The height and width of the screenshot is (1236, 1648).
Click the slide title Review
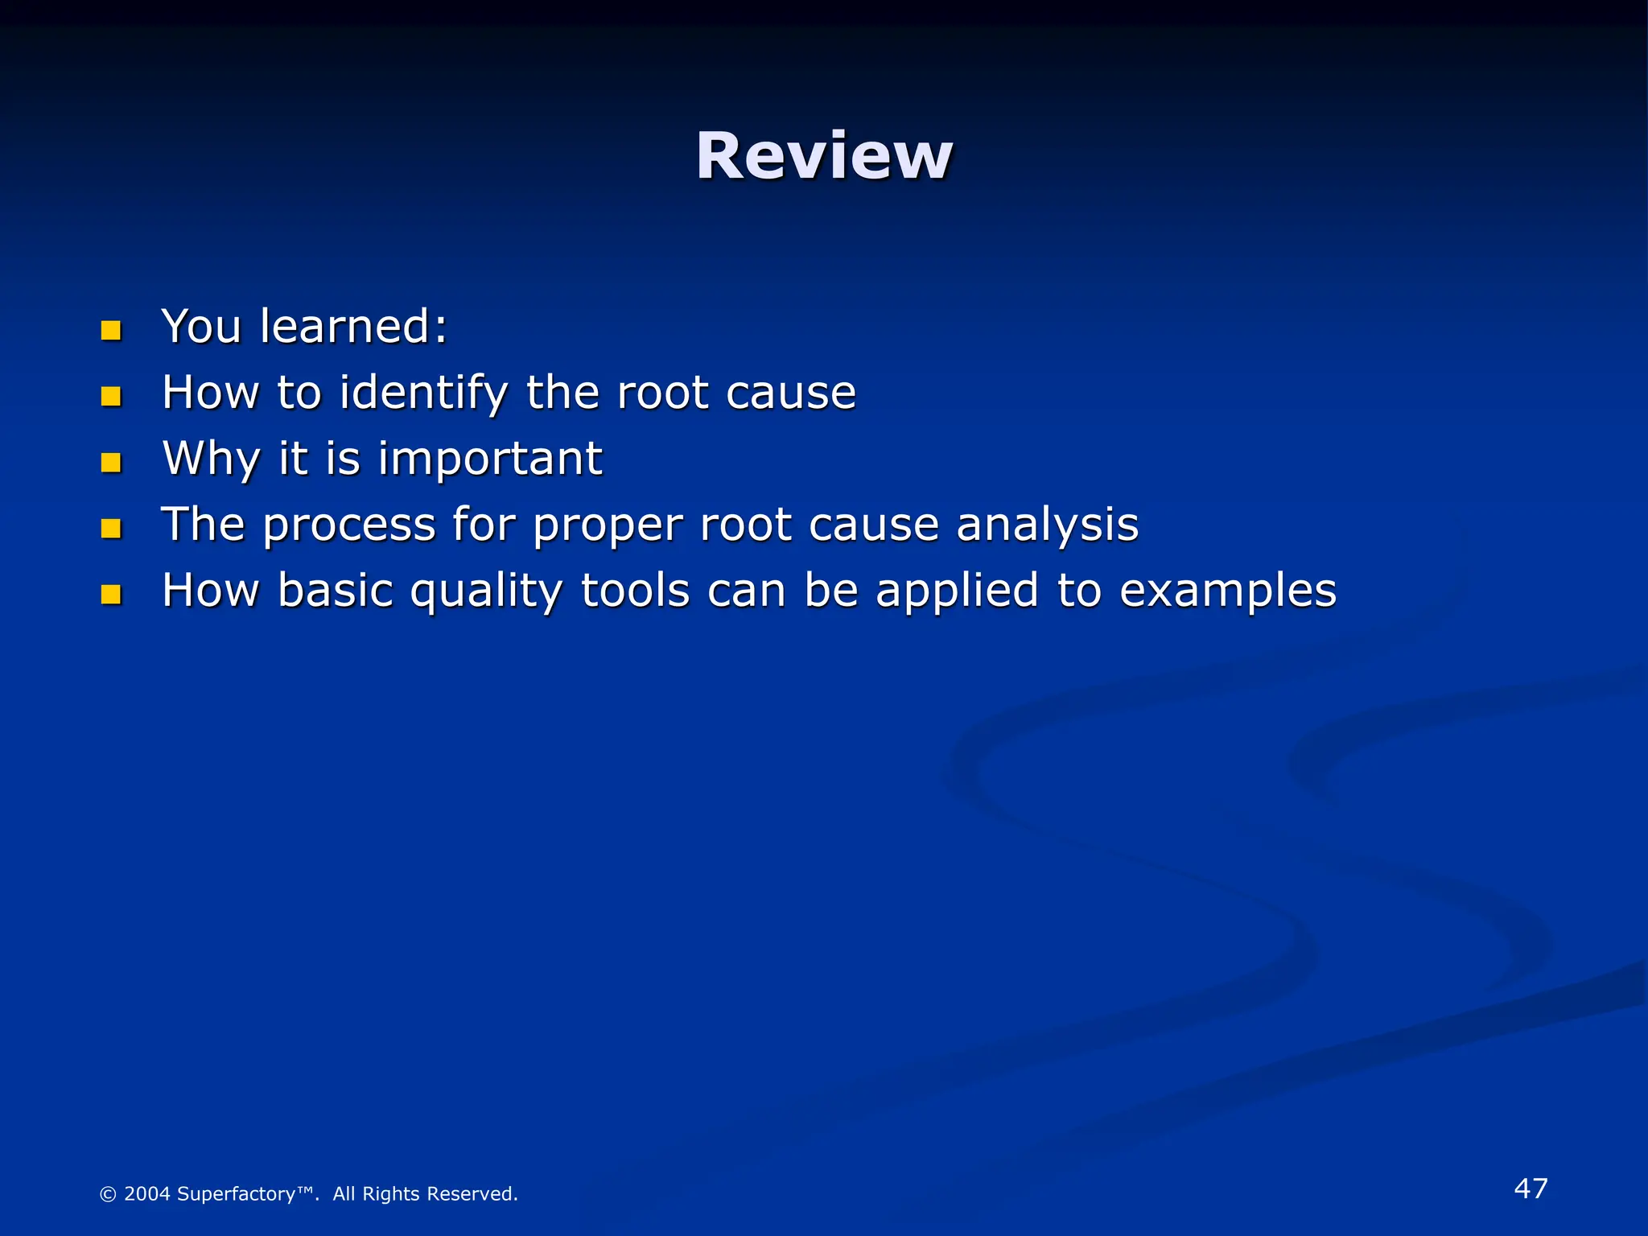point(824,155)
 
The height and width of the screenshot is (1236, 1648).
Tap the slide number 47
point(1531,1189)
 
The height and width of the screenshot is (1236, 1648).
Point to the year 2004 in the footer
point(146,1194)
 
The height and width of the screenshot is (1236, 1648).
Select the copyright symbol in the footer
point(108,1195)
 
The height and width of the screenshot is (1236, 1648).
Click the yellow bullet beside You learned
point(111,330)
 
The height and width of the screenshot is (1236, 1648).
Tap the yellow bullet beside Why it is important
point(111,462)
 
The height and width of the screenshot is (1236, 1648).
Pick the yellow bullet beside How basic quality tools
point(111,594)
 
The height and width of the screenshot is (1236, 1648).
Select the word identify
point(423,394)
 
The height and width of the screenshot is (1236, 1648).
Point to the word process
point(349,526)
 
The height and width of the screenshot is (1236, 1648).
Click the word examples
point(1228,592)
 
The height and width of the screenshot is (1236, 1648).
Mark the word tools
point(635,591)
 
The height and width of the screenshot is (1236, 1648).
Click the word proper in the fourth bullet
point(607,526)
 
